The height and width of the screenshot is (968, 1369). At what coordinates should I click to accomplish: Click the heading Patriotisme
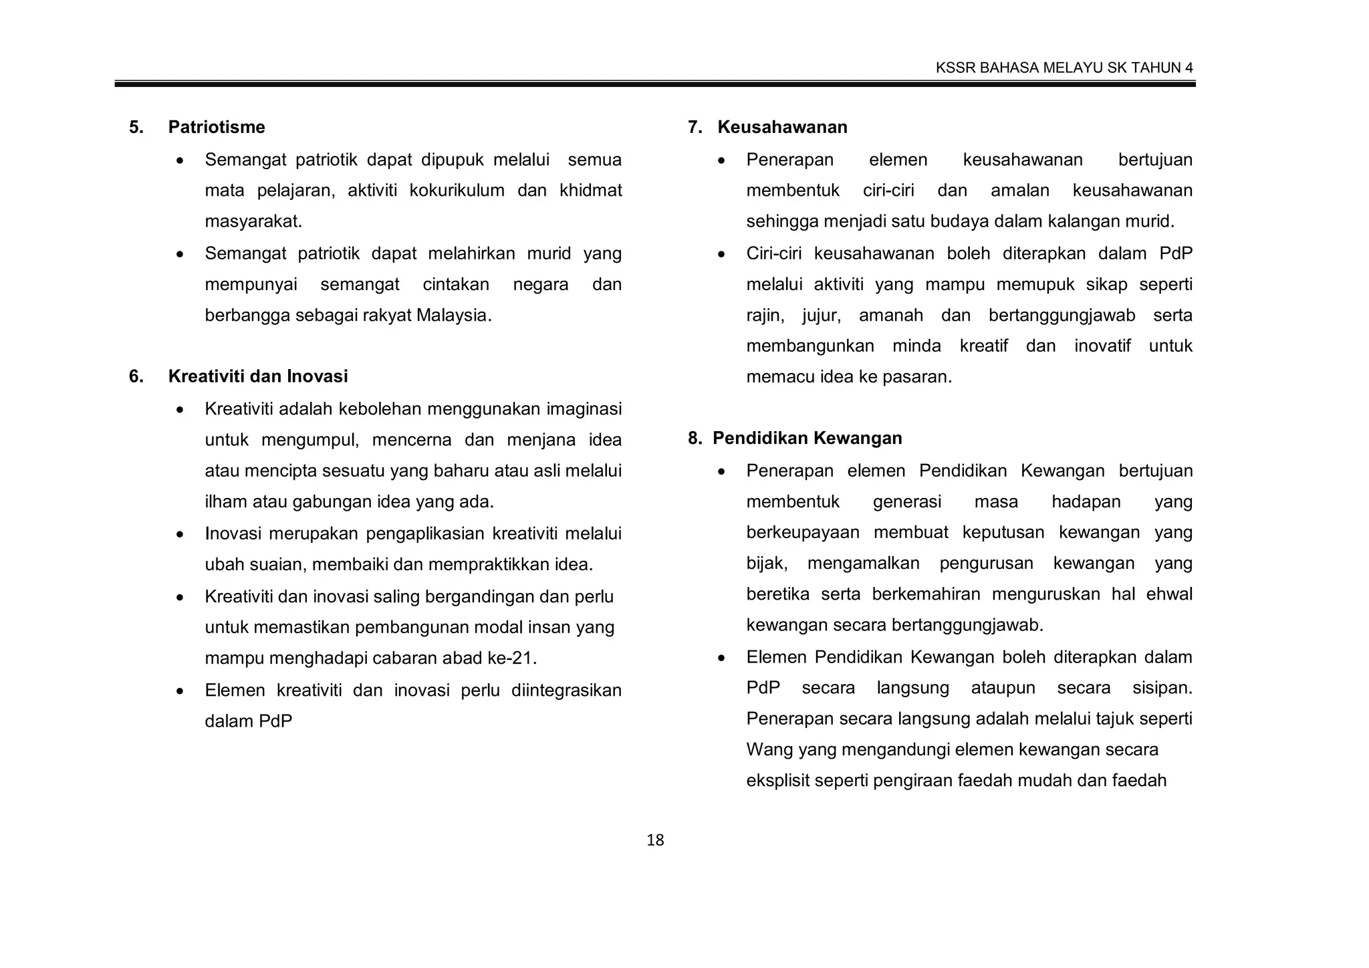(216, 127)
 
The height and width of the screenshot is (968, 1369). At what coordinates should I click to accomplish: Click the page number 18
(655, 840)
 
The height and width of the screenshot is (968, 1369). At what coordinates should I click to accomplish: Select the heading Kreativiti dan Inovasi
(258, 376)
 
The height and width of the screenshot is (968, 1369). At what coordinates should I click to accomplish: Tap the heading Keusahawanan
(782, 127)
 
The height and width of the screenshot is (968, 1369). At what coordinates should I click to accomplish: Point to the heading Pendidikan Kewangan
(807, 438)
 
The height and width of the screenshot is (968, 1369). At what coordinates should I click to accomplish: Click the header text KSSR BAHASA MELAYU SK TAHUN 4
(1064, 68)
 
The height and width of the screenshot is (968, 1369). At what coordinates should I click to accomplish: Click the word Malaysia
(453, 315)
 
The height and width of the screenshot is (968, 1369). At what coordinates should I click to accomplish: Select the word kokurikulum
(457, 191)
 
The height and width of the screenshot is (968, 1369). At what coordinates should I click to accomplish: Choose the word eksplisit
(777, 780)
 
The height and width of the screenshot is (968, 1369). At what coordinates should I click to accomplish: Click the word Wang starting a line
(769, 749)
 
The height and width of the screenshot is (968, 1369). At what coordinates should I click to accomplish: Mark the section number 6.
(136, 376)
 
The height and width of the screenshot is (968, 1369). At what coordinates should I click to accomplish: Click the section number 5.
(136, 127)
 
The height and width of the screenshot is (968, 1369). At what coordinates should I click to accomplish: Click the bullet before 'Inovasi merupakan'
(180, 535)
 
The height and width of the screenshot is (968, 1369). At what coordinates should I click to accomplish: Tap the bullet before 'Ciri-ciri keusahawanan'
(721, 255)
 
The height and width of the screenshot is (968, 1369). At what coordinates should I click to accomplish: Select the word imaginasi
(584, 408)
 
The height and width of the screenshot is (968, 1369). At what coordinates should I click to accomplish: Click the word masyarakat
(253, 221)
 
